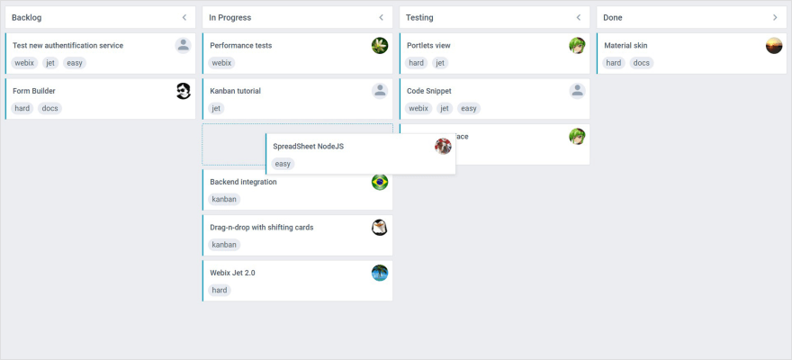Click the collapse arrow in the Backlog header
click(x=184, y=17)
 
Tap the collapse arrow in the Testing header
click(x=578, y=17)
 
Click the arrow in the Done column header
click(x=775, y=17)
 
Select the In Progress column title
click(x=229, y=17)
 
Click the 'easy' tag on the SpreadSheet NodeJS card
click(x=283, y=164)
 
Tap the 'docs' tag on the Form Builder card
click(x=50, y=109)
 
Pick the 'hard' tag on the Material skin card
click(x=614, y=63)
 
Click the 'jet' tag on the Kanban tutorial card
click(x=216, y=109)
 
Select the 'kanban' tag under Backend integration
click(x=224, y=200)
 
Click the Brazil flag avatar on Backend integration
click(x=380, y=182)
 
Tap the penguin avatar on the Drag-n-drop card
click(x=380, y=228)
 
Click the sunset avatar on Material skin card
click(x=774, y=46)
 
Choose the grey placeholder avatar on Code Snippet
click(x=578, y=91)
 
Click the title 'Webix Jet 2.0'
click(x=232, y=273)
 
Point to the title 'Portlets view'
click(x=428, y=45)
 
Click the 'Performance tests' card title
click(x=240, y=45)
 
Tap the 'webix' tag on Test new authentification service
click(x=24, y=63)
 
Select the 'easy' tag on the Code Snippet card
click(x=468, y=109)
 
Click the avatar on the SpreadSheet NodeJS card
click(x=443, y=146)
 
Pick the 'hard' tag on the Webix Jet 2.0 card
click(x=220, y=291)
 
